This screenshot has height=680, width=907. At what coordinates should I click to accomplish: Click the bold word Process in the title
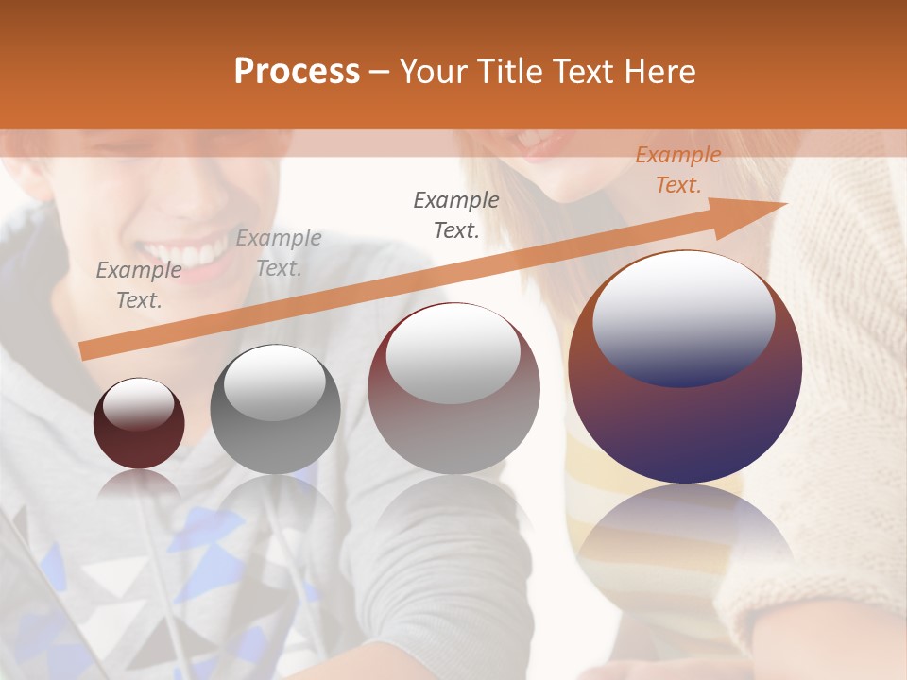pos(297,71)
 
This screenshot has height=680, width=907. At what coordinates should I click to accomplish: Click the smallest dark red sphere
pos(139,424)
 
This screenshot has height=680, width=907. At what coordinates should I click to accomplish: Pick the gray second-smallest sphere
pos(275,409)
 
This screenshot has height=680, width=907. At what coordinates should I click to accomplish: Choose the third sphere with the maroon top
pos(453,388)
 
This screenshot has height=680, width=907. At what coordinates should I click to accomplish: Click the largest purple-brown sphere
pos(685,366)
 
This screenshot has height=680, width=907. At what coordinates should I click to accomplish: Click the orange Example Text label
pos(678,170)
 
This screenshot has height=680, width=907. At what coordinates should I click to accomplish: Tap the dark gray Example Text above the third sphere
pos(456,214)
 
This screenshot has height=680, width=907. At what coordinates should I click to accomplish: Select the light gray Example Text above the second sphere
pos(279,253)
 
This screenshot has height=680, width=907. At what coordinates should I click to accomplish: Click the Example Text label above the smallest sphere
pos(139,285)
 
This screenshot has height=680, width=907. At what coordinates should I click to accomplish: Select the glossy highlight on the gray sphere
pos(274,382)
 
